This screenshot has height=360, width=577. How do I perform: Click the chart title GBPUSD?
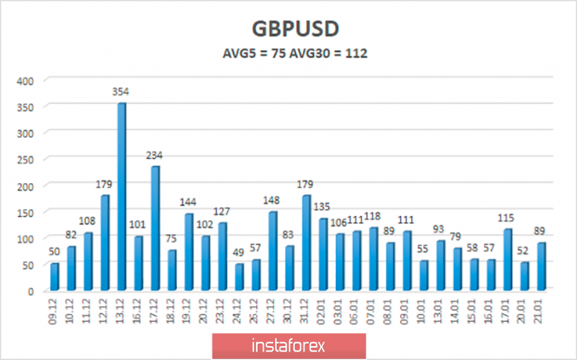coord(288,29)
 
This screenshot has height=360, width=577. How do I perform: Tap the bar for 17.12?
coord(155,228)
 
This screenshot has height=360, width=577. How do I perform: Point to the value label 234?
coord(155,155)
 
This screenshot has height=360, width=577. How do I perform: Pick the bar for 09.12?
coord(55,277)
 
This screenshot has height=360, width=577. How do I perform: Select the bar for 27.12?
coord(273,251)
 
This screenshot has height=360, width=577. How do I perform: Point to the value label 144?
coord(189,203)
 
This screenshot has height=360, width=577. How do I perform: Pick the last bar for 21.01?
coord(541,266)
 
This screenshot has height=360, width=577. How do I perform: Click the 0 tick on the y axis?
coord(31,291)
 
